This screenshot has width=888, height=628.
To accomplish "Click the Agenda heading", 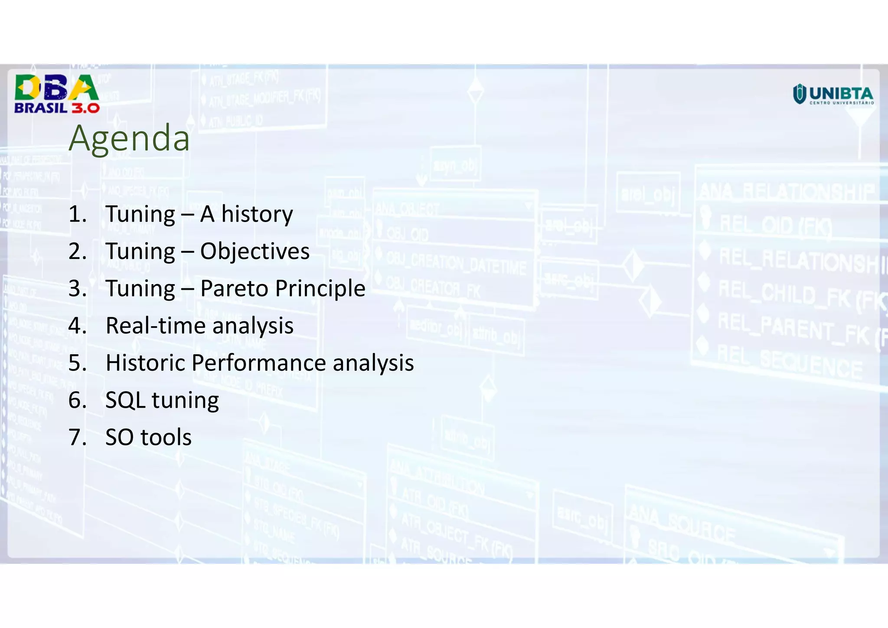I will [x=129, y=138].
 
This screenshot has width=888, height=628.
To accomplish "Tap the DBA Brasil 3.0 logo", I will [x=57, y=94].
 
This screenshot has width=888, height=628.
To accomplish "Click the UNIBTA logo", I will [x=833, y=95].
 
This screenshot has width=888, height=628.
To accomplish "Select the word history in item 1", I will [x=257, y=214].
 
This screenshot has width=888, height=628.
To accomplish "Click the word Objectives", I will [x=255, y=251].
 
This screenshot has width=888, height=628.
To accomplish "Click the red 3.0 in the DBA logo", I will [x=85, y=108].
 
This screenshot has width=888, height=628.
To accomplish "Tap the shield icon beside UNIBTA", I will [x=799, y=94].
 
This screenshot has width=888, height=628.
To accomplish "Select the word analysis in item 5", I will [x=373, y=363].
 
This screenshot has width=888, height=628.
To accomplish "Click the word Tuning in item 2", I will [x=140, y=252].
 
